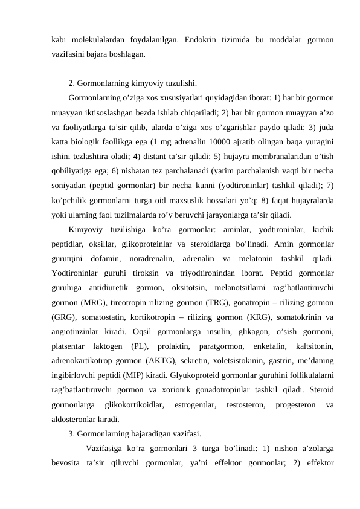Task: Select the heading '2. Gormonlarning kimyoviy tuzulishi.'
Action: pos(132,83)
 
